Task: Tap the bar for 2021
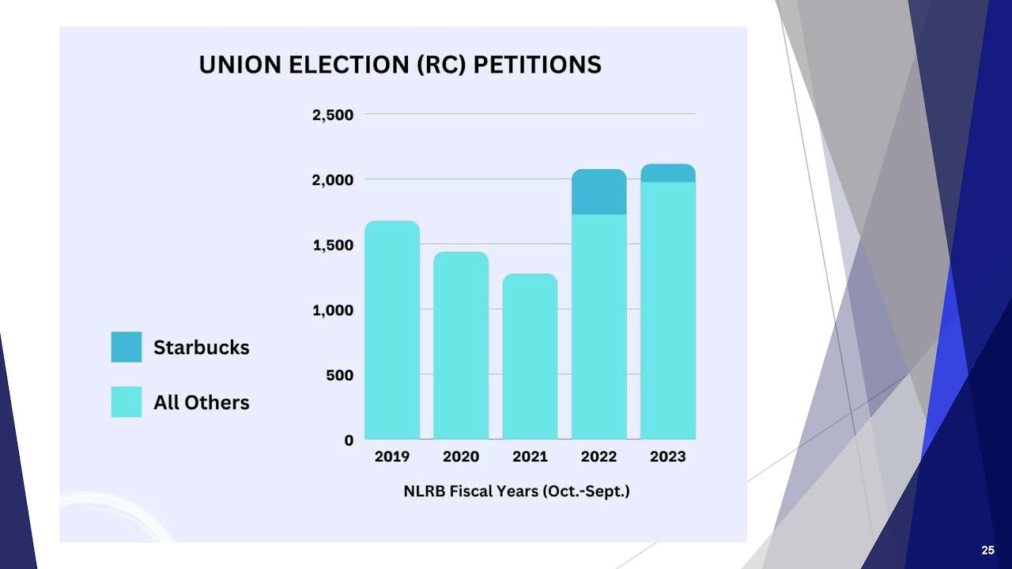point(530,356)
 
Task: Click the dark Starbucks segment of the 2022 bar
point(599,192)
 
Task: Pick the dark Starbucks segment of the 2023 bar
point(668,173)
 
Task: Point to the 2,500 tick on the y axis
point(333,115)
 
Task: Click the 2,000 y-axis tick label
point(333,180)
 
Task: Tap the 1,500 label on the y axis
point(333,245)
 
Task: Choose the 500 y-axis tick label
point(340,375)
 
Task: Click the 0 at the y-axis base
point(349,440)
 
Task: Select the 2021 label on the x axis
point(530,457)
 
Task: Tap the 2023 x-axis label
point(668,457)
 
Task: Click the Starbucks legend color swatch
point(126,347)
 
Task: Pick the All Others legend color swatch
point(126,401)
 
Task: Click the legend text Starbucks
point(201,348)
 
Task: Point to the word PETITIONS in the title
point(537,65)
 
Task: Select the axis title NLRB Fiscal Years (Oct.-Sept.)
point(516,491)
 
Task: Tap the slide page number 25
point(987,551)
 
